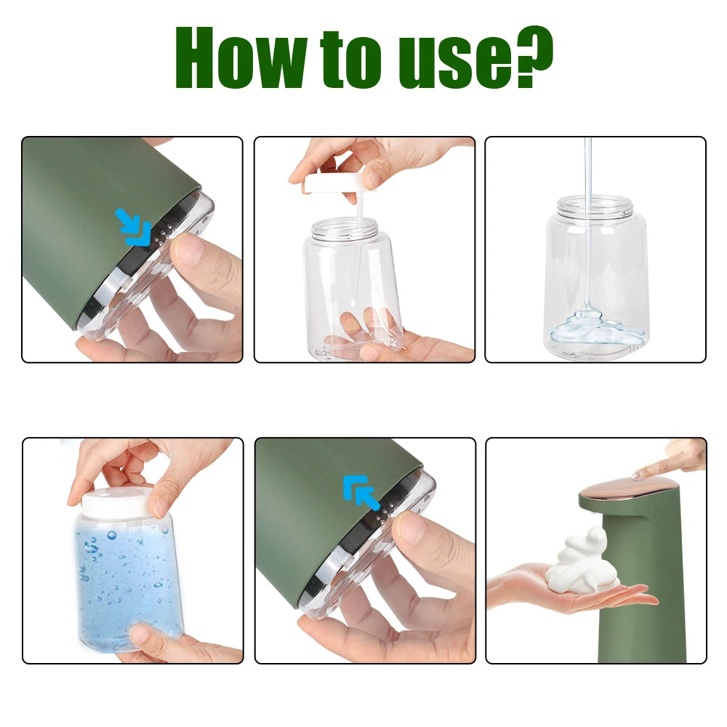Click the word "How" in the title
click(x=240, y=58)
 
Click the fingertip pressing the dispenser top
click(x=640, y=475)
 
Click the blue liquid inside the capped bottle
click(x=124, y=574)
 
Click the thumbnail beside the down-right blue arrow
click(x=191, y=251)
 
